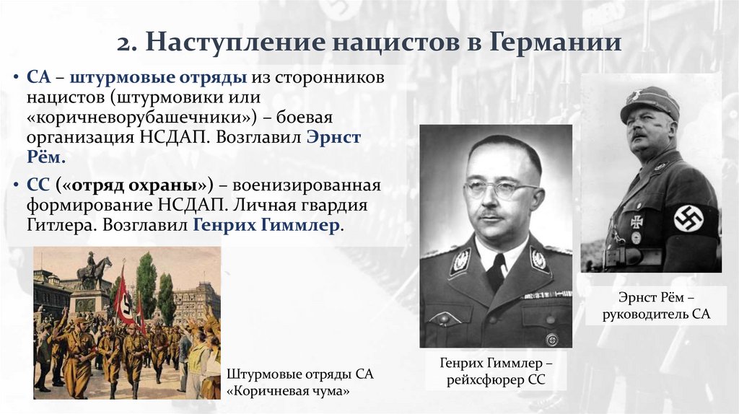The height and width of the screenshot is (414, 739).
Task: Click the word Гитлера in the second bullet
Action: pos(58,225)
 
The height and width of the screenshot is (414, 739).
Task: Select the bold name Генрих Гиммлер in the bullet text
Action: pos(265,225)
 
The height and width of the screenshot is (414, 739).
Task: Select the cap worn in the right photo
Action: pos(650,102)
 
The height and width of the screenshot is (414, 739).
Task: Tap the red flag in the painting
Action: pos(125,296)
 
